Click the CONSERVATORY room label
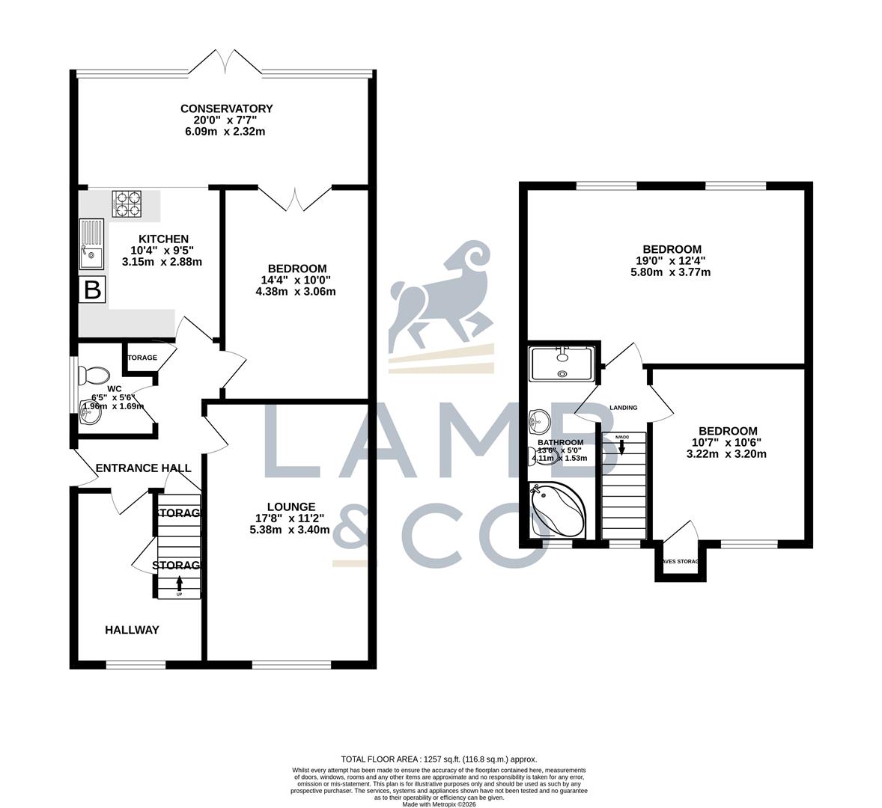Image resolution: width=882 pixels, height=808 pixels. (x=226, y=108)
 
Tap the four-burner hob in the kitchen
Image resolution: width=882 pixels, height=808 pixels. (x=127, y=203)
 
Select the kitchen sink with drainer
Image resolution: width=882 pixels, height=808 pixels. (x=92, y=244)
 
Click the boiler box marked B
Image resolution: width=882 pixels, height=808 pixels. (x=92, y=290)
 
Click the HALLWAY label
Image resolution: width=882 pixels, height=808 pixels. (x=132, y=630)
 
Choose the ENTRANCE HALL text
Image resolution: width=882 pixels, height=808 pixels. (x=143, y=468)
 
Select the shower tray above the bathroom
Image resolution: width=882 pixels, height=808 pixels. (x=562, y=364)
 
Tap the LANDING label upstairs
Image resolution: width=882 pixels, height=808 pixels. (x=624, y=408)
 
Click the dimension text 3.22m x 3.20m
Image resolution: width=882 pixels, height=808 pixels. (x=728, y=453)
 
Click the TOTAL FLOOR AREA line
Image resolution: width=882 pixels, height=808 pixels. (x=439, y=759)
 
